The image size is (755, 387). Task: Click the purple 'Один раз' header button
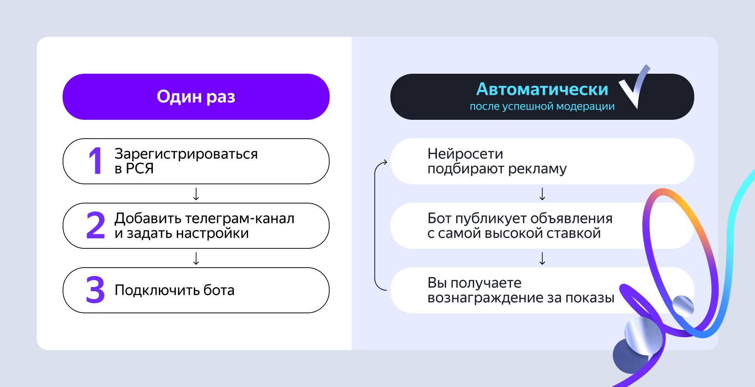[x=196, y=97]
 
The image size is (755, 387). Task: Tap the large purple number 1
[x=95, y=161]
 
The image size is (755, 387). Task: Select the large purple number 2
[x=96, y=225]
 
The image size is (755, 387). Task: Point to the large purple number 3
[x=95, y=290]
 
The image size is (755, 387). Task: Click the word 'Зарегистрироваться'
[x=186, y=154]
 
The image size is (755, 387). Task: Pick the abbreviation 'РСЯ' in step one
[x=140, y=169]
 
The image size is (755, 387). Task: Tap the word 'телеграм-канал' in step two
[x=240, y=218]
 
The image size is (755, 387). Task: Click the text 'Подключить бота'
[x=174, y=290]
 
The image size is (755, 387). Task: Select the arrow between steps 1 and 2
[x=196, y=194]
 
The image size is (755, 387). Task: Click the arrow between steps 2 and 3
[x=196, y=258]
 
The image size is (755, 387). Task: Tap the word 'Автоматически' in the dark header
[x=542, y=89]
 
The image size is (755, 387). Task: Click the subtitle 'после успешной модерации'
[x=542, y=106]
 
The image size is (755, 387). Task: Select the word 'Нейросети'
[x=465, y=154]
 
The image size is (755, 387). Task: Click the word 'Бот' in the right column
[x=439, y=218]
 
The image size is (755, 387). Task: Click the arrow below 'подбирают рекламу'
[x=542, y=194]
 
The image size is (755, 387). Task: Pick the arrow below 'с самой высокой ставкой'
[x=542, y=258]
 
